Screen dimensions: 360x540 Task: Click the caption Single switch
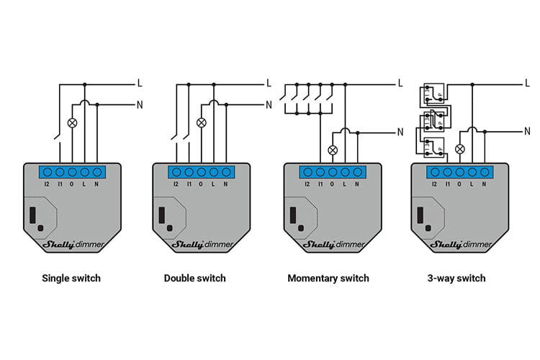71,278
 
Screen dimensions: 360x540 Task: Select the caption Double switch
194,278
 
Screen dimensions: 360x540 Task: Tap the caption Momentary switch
328,278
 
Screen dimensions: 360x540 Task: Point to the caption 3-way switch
456,278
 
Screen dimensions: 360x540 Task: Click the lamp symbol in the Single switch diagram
72,122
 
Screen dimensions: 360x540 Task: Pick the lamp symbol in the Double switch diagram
202,122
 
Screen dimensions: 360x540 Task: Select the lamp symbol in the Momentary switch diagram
333,150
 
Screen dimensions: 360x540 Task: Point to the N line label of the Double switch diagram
269,105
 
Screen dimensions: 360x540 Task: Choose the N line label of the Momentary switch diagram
400,132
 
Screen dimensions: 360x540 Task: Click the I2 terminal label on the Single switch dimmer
48,184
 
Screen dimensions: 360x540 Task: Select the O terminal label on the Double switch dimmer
202,184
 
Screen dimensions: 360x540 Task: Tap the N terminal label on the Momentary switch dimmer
356,184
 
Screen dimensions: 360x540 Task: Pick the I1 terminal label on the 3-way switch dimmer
447,184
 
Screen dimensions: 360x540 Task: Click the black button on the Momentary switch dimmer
293,215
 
